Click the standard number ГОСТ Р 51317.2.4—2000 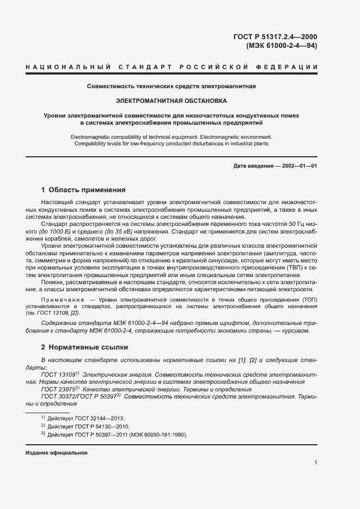(275, 37)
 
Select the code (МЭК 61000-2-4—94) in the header (282, 46)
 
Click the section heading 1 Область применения (83, 190)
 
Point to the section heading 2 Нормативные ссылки (84, 346)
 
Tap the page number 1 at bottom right (316, 462)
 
